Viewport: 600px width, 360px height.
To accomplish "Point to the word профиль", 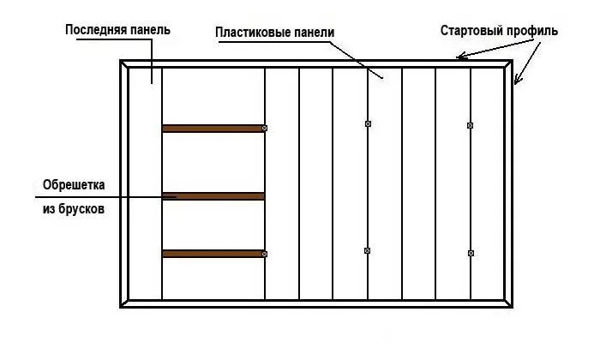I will click(x=534, y=31).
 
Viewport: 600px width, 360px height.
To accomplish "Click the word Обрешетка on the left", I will click(x=73, y=185).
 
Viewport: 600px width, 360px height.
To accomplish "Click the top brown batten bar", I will click(x=213, y=129).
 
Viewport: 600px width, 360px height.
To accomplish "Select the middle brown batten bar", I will click(x=213, y=196).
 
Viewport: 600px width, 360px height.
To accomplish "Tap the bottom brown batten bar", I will click(x=213, y=254).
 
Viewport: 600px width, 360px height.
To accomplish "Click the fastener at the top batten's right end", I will click(x=265, y=129).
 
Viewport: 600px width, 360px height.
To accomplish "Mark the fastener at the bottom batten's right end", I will click(x=265, y=254).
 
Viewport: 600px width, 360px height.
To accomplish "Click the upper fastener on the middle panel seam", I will click(x=368, y=125).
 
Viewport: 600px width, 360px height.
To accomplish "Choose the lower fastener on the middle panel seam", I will click(x=368, y=250).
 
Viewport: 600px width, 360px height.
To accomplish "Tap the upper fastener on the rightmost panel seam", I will click(x=471, y=125).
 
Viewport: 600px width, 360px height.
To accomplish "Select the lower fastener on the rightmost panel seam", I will click(x=471, y=253).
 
